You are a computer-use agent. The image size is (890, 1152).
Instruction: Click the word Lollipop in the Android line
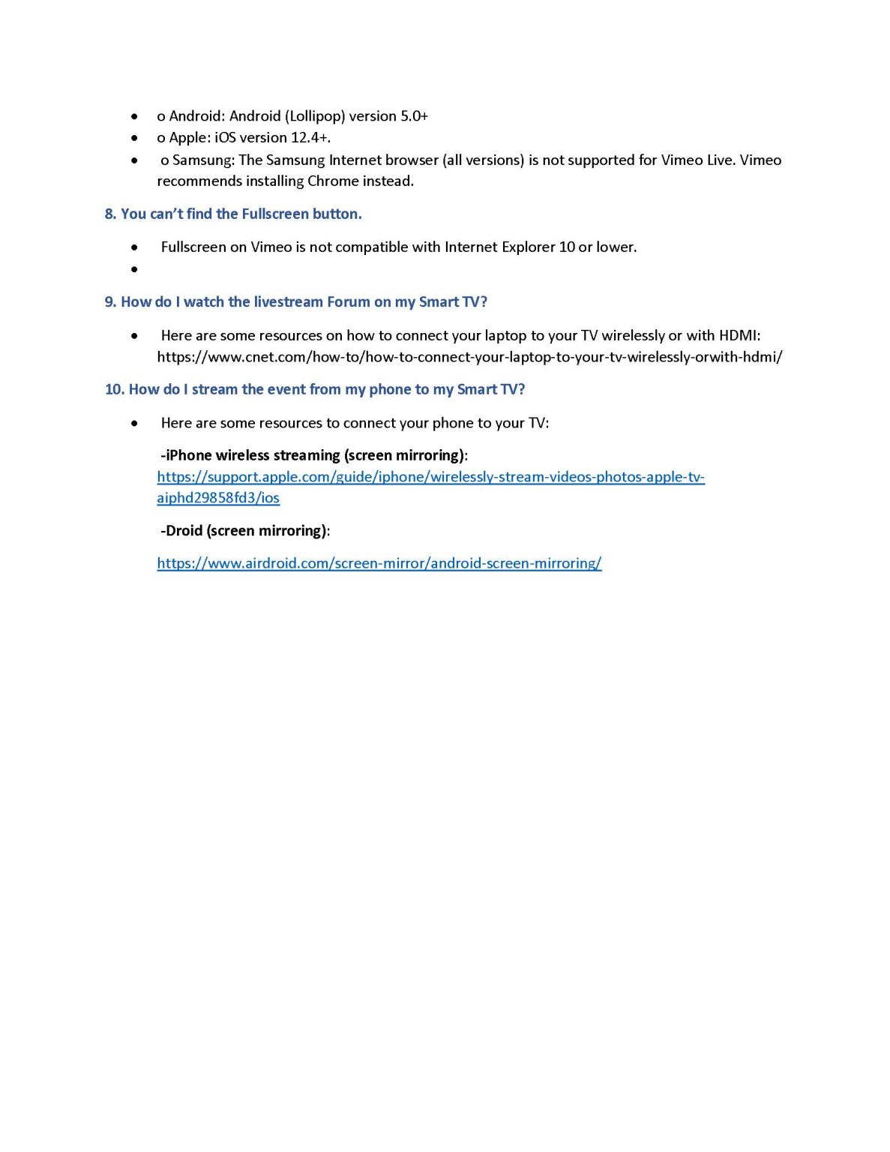coord(315,116)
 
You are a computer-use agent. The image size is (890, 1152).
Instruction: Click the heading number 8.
coord(110,214)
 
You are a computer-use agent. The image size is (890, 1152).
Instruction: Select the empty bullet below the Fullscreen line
coord(134,269)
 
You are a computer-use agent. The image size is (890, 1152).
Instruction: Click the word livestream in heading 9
coord(288,302)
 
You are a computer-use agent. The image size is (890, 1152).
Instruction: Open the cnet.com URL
coord(469,358)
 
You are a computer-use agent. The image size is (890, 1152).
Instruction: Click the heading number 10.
coord(114,390)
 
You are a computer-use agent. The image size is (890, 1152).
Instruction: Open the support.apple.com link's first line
coord(430,477)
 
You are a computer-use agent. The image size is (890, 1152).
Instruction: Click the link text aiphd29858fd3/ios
coord(218,498)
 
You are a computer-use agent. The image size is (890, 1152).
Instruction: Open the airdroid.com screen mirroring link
coord(379,563)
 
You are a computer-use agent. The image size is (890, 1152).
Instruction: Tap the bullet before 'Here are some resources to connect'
coord(134,424)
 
